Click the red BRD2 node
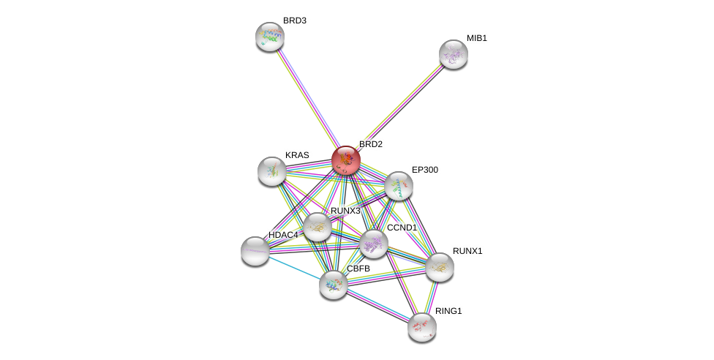pos(346,160)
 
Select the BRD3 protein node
pos(270,36)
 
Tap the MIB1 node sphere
pos(454,54)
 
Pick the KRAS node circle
pos(272,171)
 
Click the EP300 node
pos(399,186)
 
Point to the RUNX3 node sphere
pos(317,227)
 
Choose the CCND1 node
pos(373,244)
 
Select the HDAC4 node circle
pos(255,251)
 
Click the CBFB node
pos(334,285)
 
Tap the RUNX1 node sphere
pos(440,267)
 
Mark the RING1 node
pos(422,327)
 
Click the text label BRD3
pos(295,20)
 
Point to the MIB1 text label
pos(477,38)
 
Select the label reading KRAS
pos(297,155)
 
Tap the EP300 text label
pos(425,170)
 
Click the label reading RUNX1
pos(467,251)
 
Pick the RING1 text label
pos(448,311)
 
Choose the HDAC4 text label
pos(283,235)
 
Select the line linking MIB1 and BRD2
pos(399,107)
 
